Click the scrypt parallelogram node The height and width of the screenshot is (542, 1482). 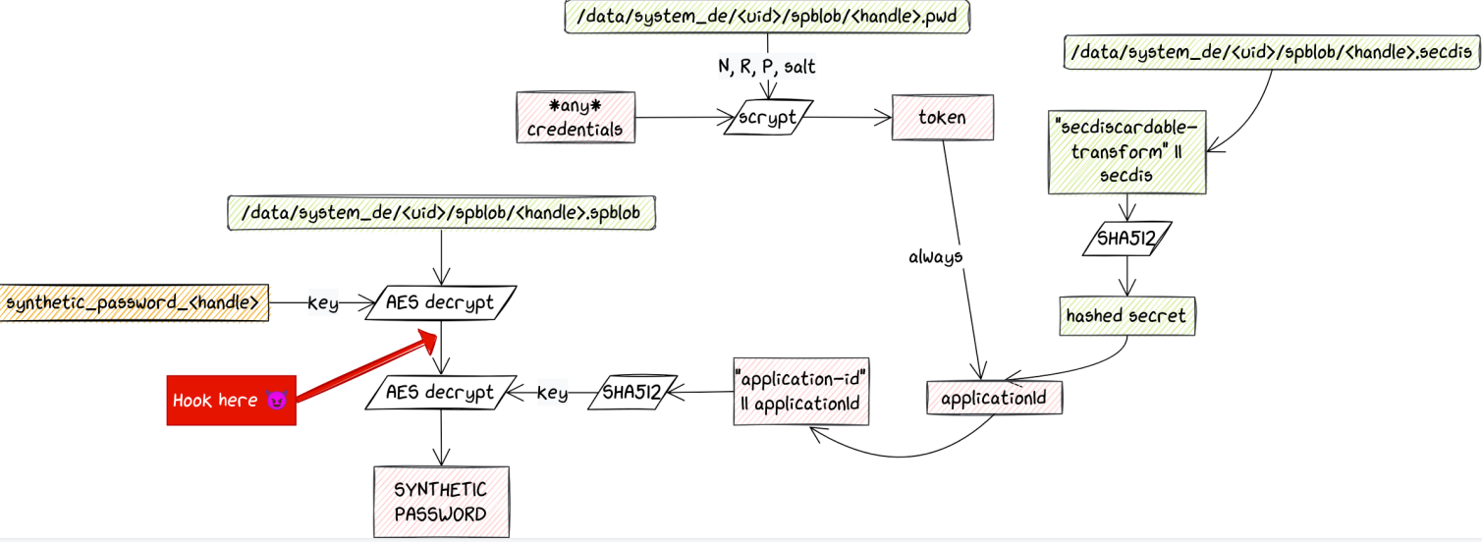tap(765, 119)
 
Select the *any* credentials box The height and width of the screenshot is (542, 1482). tap(576, 118)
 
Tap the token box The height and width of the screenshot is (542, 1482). tap(942, 118)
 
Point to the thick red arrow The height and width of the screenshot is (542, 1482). tap(363, 366)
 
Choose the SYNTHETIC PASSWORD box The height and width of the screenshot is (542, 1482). tap(440, 501)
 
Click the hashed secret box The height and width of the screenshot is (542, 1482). tap(1125, 316)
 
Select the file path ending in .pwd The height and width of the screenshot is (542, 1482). tap(767, 18)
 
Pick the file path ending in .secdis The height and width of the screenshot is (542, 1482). tap(1272, 52)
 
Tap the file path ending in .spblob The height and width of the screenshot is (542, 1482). tap(442, 211)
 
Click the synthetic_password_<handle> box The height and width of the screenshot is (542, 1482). tap(134, 303)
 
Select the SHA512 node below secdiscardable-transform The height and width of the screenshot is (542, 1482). tap(1126, 240)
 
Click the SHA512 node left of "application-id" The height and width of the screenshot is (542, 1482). tap(631, 393)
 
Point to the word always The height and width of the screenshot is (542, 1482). tap(935, 256)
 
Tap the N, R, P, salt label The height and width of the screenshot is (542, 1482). tap(766, 67)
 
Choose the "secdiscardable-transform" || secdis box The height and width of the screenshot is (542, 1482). tap(1127, 151)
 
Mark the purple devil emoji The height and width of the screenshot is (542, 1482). tap(276, 401)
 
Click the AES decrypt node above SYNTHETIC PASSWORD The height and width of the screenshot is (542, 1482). tap(440, 393)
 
